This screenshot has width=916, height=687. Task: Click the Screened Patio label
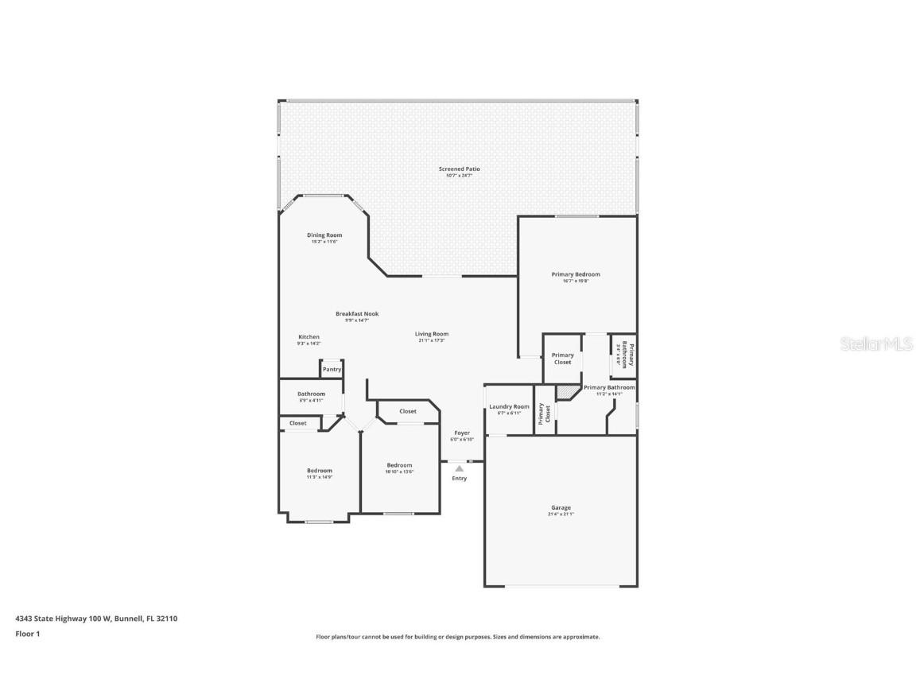click(459, 169)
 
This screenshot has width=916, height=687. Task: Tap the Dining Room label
click(324, 235)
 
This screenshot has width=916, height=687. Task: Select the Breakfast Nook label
click(356, 314)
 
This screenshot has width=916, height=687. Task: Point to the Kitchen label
click(309, 337)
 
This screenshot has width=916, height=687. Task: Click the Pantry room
click(332, 370)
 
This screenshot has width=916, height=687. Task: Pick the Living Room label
click(431, 334)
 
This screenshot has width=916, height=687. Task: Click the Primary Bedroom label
click(576, 274)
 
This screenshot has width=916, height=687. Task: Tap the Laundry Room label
click(509, 407)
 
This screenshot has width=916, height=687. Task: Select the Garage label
click(561, 508)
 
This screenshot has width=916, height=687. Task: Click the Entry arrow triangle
click(459, 469)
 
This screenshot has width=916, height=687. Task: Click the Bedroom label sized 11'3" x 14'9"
click(320, 471)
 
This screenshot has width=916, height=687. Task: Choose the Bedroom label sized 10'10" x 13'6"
click(399, 466)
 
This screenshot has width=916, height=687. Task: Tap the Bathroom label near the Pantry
click(311, 394)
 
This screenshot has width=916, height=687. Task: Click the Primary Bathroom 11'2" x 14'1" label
click(609, 388)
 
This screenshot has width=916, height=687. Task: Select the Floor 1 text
click(27, 634)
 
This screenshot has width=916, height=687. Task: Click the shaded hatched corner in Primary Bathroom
click(567, 391)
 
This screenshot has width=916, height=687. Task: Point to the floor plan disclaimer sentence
click(457, 637)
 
